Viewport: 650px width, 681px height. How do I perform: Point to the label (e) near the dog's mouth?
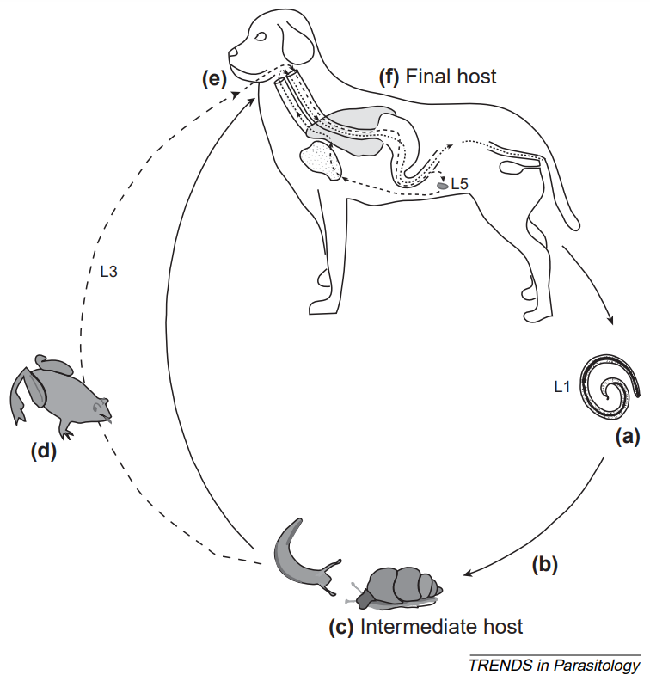click(x=213, y=79)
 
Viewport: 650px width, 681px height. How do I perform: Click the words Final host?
click(x=451, y=77)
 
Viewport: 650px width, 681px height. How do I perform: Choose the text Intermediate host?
click(x=442, y=626)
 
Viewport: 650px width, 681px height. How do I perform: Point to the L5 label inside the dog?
click(x=460, y=184)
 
